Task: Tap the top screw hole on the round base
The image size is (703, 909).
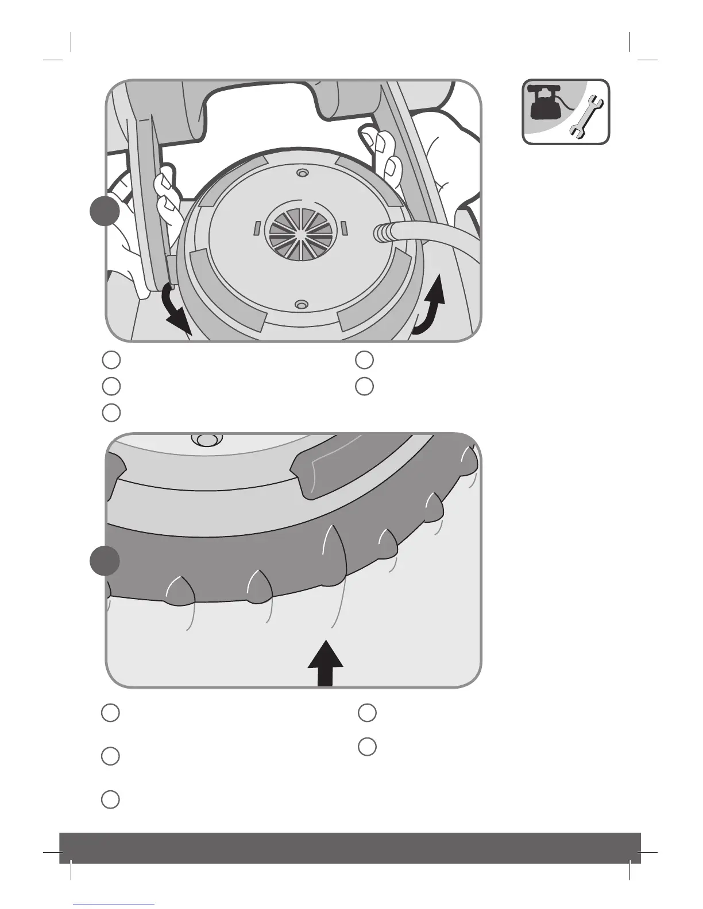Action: click(300, 173)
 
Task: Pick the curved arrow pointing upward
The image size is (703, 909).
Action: click(432, 304)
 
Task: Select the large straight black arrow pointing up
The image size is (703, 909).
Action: click(325, 663)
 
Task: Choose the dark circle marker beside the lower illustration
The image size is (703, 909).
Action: click(106, 560)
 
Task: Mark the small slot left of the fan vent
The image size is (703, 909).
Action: click(257, 228)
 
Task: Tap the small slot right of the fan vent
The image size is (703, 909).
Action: click(343, 228)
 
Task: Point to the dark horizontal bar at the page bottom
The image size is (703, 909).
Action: click(350, 848)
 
